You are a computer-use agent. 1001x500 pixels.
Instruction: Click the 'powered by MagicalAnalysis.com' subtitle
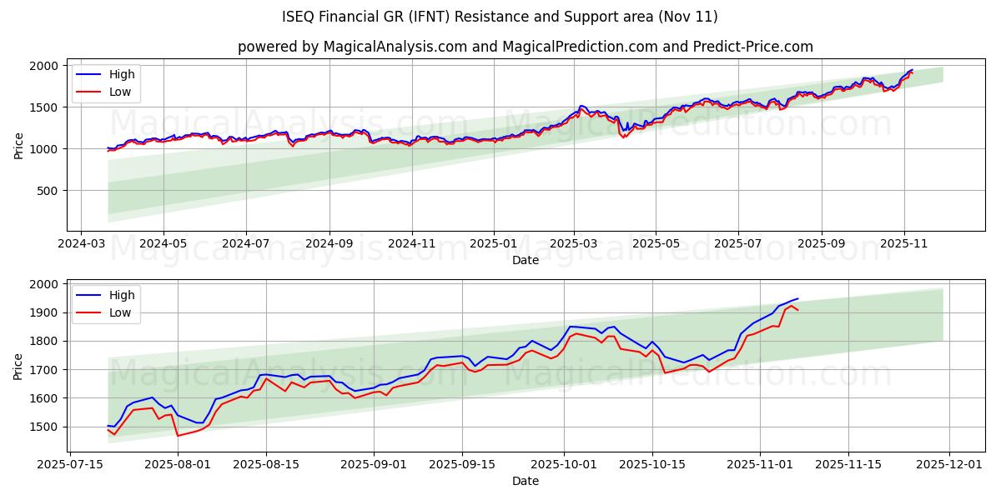[x=525, y=47]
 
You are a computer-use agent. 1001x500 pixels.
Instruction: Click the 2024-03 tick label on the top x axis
[x=80, y=245]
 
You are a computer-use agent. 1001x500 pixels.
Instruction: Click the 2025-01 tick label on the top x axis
[x=494, y=245]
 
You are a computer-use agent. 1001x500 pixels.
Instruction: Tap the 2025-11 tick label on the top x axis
[x=903, y=245]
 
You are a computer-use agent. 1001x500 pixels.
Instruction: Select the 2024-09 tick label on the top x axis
[x=329, y=245]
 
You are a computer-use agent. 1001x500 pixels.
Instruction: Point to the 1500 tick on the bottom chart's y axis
[x=45, y=427]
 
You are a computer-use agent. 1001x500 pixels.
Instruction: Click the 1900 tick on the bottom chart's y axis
[x=45, y=312]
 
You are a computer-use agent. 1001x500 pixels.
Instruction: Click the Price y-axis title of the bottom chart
[x=18, y=365]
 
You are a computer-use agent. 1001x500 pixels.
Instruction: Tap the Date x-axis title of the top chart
[x=525, y=260]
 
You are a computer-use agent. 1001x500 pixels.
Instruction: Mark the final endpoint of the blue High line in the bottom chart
[x=797, y=298]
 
